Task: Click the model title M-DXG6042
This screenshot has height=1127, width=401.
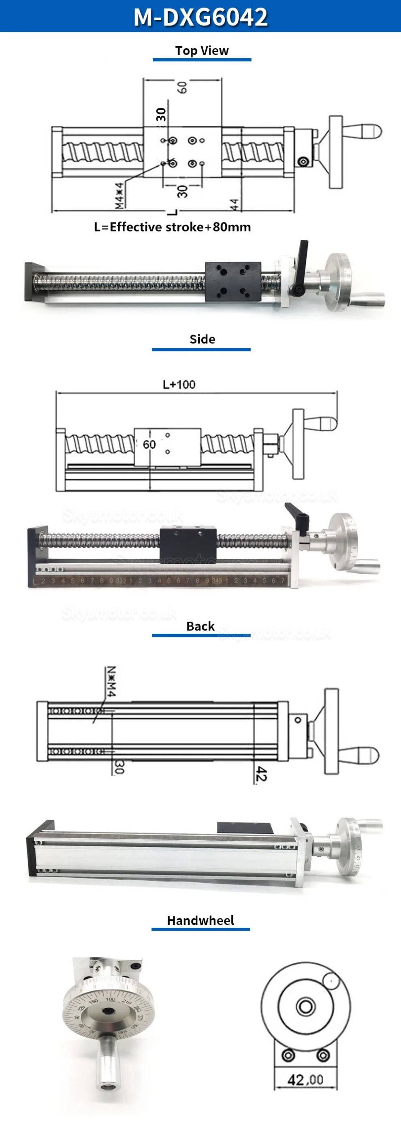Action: pos(200,17)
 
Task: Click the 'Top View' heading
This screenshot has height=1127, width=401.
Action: pos(202,51)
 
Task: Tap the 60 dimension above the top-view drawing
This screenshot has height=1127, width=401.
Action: pos(183,87)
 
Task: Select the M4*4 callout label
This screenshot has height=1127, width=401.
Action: pos(119,195)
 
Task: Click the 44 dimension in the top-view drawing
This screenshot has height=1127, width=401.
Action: pos(235,205)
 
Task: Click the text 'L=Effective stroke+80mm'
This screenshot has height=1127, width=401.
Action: pos(173,227)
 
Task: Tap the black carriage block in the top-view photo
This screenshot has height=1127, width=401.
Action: pos(233,281)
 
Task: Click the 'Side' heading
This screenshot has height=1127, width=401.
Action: pos(202,339)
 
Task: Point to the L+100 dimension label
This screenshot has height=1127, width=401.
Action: pos(179,385)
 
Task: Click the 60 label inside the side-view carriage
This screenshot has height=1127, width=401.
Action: pos(149,445)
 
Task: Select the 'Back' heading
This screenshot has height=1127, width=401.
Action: pos(200,626)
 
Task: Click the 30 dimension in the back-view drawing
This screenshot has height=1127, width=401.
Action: pos(119,767)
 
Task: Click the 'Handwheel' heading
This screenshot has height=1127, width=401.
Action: pos(200,920)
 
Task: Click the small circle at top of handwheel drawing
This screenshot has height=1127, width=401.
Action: pos(331,981)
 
